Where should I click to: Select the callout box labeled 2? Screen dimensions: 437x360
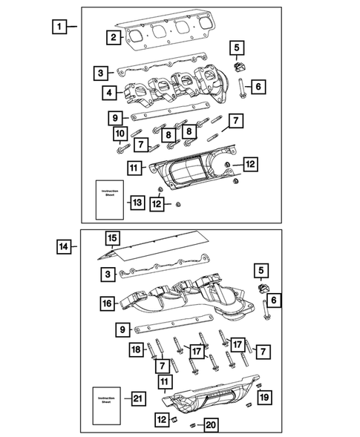tap(112, 37)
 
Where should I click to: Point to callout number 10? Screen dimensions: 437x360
tap(117, 134)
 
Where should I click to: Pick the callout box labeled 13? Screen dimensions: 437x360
tap(137, 202)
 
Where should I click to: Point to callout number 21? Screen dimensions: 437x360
tap(137, 399)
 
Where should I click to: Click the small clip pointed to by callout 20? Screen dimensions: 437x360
tap(191, 424)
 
